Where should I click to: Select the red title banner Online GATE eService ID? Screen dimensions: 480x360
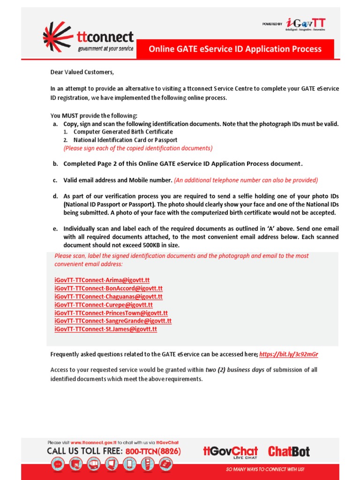235,49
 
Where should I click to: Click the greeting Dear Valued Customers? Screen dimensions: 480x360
82,72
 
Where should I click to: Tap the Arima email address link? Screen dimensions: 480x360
102,280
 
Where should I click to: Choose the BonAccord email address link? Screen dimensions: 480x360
108,288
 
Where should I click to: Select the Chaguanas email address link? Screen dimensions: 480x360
108,297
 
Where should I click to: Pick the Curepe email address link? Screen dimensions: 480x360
104,305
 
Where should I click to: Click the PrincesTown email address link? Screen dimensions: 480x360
111,313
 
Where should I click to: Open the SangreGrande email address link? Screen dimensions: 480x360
113,321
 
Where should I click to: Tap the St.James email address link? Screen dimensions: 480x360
105,330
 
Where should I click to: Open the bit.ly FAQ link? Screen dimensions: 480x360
292,354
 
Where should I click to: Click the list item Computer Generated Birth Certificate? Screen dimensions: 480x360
123,132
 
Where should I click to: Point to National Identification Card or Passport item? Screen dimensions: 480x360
125,140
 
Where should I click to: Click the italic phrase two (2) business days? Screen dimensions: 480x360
235,370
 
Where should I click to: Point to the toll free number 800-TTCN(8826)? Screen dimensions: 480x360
153,451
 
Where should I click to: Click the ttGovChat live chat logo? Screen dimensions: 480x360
231,452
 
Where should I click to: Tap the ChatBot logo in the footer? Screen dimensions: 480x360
289,451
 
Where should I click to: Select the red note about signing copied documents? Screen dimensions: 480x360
138,148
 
